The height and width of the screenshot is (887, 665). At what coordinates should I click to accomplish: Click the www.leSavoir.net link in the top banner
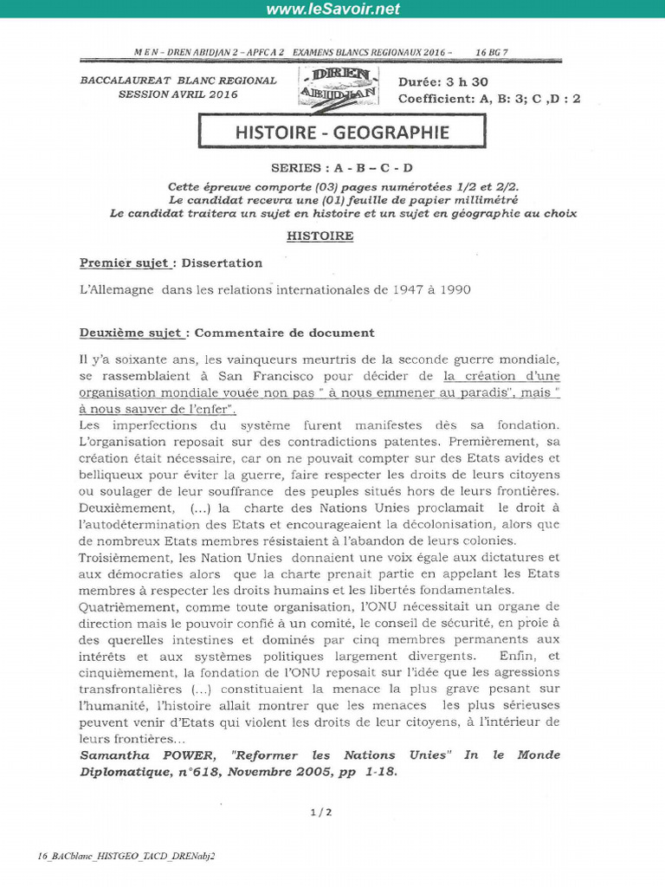(x=332, y=10)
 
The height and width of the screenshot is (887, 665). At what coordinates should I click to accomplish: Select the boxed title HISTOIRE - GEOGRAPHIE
(x=342, y=133)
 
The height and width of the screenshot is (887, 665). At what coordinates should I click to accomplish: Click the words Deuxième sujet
(x=131, y=332)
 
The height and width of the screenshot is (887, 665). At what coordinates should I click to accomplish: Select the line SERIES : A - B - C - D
(x=342, y=168)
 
